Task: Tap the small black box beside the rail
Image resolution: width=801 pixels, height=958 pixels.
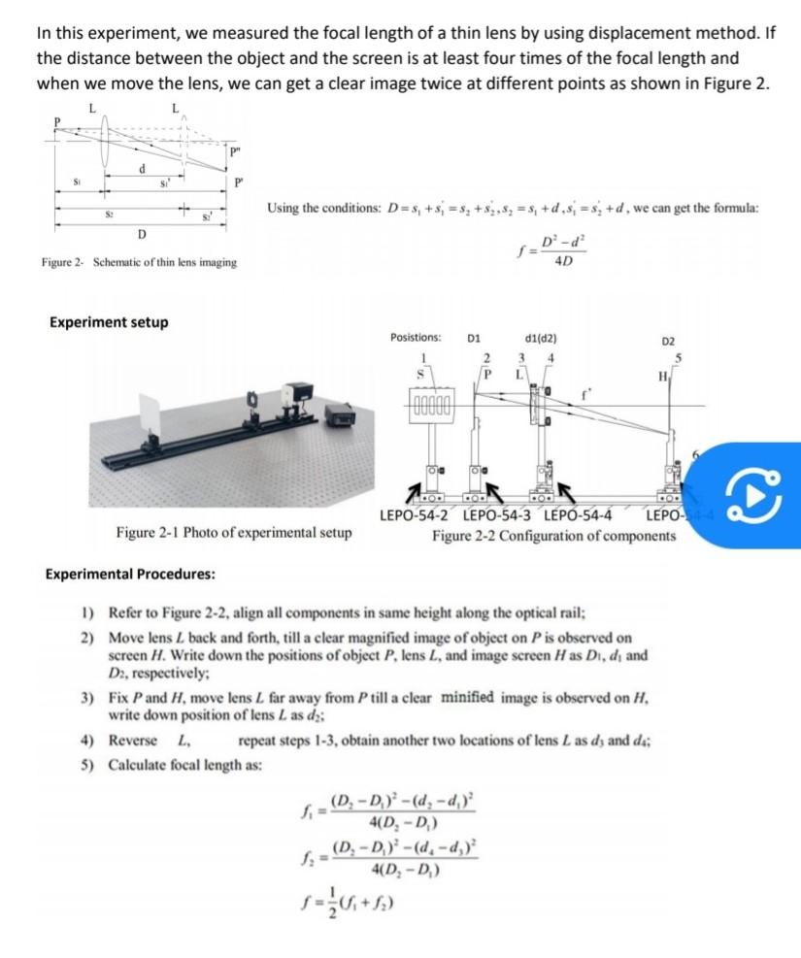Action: pyautogui.click(x=339, y=415)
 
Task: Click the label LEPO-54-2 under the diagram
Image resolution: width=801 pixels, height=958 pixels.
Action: pyautogui.click(x=417, y=514)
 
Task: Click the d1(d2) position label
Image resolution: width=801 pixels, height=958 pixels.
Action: pyautogui.click(x=539, y=339)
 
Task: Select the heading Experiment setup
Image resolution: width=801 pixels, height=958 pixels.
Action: pyautogui.click(x=108, y=322)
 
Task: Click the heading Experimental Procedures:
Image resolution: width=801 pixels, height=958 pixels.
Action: pyautogui.click(x=130, y=574)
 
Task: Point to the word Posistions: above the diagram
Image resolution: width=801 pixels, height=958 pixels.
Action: pyautogui.click(x=416, y=339)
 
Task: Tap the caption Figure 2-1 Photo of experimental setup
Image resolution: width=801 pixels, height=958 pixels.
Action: pyautogui.click(x=234, y=533)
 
